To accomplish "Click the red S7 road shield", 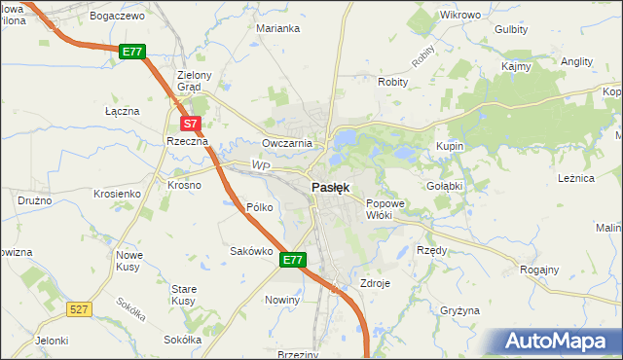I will click(x=192, y=124).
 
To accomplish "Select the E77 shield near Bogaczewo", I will click(x=133, y=51).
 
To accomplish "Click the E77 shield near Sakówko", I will click(x=294, y=260).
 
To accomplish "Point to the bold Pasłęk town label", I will click(x=332, y=187).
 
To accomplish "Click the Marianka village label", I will click(x=277, y=28).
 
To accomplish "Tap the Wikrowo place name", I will click(x=460, y=16).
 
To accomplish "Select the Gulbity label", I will click(x=511, y=29).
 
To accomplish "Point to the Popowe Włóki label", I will click(x=384, y=209).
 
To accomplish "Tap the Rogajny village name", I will click(x=539, y=270).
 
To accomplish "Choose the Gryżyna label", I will click(x=459, y=310).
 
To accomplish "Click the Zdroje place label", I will click(x=375, y=283).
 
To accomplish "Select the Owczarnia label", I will click(x=286, y=143).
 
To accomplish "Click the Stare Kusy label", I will click(x=184, y=295).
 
